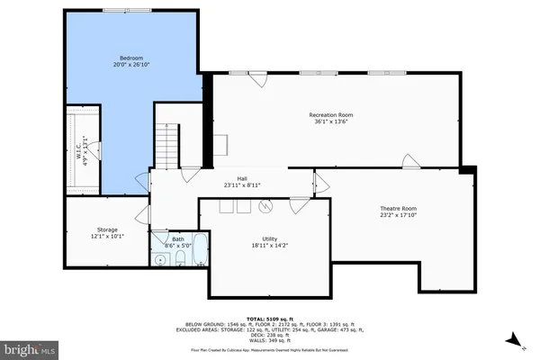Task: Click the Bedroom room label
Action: tap(132, 58)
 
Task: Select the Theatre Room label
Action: tap(398, 208)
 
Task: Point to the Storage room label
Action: tap(107, 230)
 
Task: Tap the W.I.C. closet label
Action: tap(78, 144)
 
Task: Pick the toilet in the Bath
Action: tap(179, 260)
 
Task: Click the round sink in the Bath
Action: tap(160, 260)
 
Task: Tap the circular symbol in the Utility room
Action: tap(265, 206)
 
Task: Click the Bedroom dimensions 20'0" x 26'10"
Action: tap(132, 65)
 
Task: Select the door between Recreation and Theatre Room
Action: tap(409, 162)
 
